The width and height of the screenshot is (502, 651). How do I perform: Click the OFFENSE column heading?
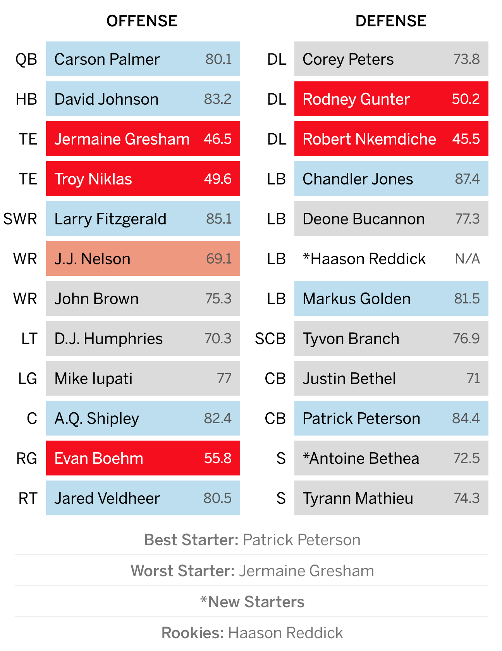[x=142, y=21]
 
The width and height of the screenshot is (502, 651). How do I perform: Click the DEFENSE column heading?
[x=391, y=21]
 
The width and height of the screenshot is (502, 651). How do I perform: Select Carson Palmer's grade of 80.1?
[x=218, y=59]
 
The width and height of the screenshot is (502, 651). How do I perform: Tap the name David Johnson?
[x=107, y=99]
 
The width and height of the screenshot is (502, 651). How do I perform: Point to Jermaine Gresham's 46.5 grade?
[x=218, y=139]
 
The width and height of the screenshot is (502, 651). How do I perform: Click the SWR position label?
[x=20, y=219]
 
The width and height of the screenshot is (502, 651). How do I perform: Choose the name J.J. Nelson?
[x=92, y=259]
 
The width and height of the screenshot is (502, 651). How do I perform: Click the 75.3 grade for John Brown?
[x=218, y=299]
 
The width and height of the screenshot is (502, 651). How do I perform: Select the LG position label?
[x=28, y=379]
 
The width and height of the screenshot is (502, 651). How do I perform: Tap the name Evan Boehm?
[x=99, y=458]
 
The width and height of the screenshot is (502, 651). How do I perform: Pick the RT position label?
[x=28, y=498]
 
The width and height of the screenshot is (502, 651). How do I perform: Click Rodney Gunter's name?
[x=356, y=99]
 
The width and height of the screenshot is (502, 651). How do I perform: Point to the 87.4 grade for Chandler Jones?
[x=467, y=179]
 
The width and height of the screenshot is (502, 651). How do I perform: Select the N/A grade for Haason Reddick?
[x=468, y=259]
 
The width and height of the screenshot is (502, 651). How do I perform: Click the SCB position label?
[x=270, y=339]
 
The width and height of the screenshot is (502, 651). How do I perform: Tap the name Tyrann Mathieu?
[x=358, y=498]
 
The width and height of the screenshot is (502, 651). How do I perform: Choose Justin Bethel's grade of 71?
[x=473, y=379]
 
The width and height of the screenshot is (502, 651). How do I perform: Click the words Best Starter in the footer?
[x=191, y=540]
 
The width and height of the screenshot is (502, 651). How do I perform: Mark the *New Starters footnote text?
[x=252, y=602]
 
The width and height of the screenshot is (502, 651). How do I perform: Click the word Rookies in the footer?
[x=193, y=633]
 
